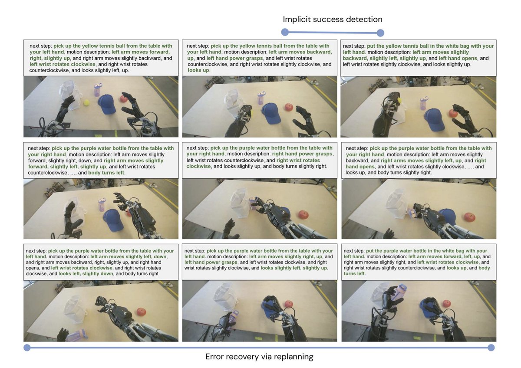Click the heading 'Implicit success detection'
click(x=333, y=19)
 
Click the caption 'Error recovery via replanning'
click(x=259, y=357)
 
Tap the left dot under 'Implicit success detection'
click(x=285, y=32)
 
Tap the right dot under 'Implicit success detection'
click(x=380, y=33)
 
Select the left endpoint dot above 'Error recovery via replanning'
click(x=27, y=348)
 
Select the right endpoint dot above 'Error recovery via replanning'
click(x=491, y=348)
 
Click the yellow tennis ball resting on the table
click(x=86, y=102)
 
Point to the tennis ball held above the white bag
click(x=399, y=100)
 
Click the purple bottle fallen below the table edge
click(x=77, y=335)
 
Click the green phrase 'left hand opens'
click(x=458, y=58)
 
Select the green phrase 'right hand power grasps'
click(x=303, y=154)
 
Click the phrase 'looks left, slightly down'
click(x=86, y=274)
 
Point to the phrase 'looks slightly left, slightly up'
click(x=294, y=268)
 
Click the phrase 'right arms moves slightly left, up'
click(x=421, y=161)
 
